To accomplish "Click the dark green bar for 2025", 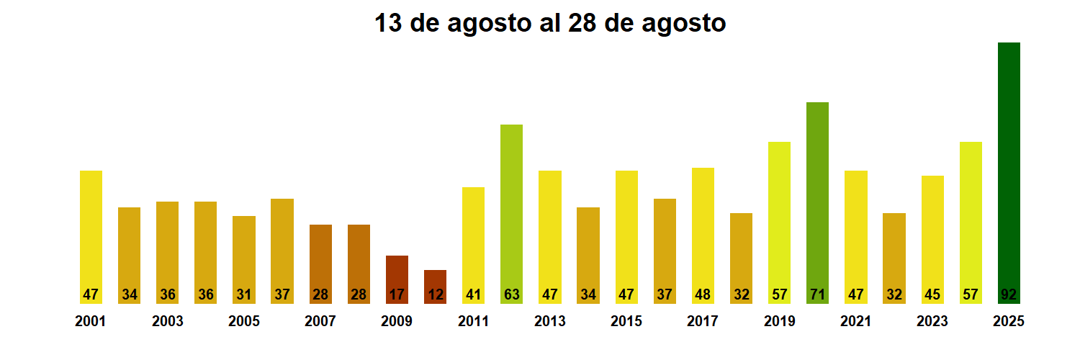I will [x=1009, y=173].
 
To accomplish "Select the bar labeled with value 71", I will [x=817, y=202].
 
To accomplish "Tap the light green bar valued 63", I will [x=511, y=213].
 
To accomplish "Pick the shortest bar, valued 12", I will [x=435, y=286].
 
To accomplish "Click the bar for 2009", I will [x=397, y=279].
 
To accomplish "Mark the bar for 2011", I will [x=473, y=245].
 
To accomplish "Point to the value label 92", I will [x=1009, y=294].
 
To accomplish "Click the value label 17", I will [x=397, y=294].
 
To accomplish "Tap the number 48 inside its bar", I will [x=703, y=294].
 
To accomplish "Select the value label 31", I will [x=244, y=294].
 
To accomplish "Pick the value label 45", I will [x=932, y=294].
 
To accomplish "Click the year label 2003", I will [x=167, y=321].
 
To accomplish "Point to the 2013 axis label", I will [x=549, y=321].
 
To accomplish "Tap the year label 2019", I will [x=779, y=321].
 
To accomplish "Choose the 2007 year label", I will [x=320, y=321].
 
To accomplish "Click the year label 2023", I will [x=932, y=321].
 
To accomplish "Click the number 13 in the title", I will [x=389, y=23].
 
